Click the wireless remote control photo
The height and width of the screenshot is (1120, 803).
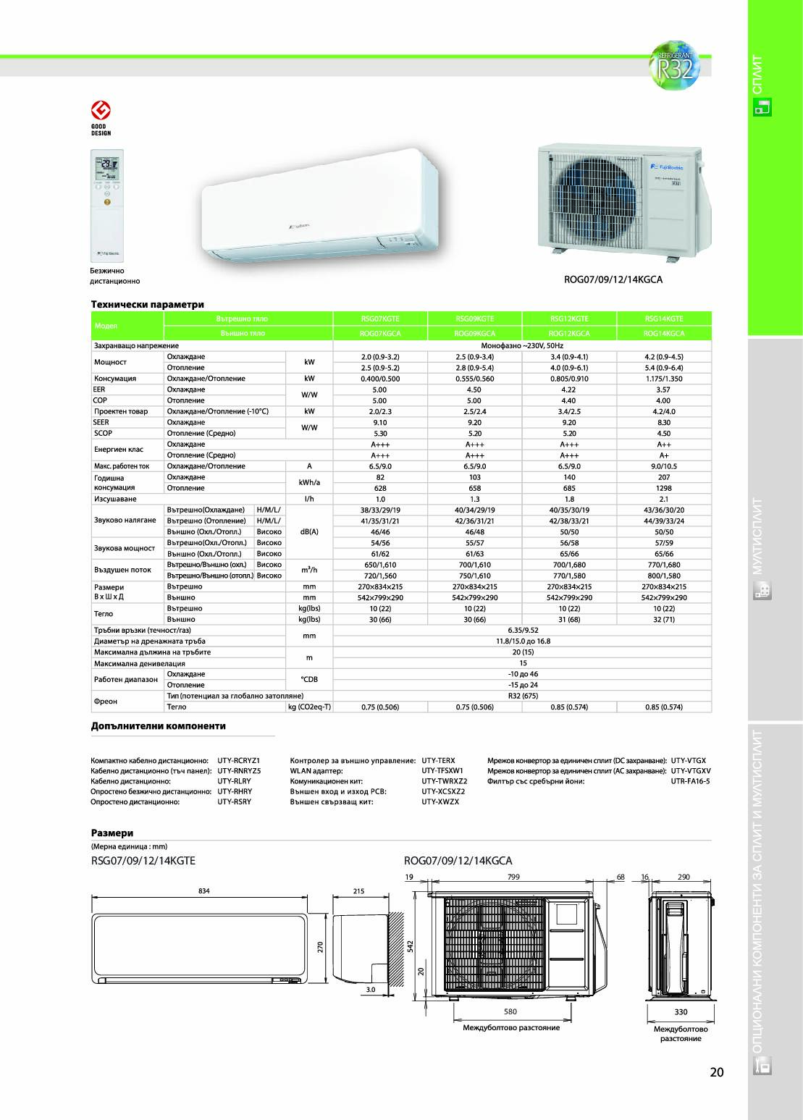click(107, 205)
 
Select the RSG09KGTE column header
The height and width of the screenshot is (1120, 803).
click(474, 319)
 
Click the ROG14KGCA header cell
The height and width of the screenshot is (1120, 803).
click(663, 334)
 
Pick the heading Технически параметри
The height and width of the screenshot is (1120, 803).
click(147, 304)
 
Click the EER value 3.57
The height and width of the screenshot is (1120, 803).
click(663, 390)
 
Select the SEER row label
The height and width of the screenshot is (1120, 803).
click(101, 422)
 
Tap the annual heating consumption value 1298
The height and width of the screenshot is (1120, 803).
click(663, 488)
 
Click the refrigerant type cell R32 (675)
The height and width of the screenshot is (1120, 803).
click(522, 696)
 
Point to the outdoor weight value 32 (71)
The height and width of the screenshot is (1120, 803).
click(663, 620)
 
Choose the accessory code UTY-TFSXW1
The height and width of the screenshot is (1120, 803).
click(442, 771)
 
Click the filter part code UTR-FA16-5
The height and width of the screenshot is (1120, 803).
click(690, 781)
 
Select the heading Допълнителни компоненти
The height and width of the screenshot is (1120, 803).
click(158, 725)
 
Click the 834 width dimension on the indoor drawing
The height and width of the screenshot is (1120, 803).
click(203, 891)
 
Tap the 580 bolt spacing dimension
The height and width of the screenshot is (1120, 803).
click(510, 1011)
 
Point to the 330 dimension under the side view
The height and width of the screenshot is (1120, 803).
click(681, 1012)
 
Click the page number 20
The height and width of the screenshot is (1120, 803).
click(716, 1072)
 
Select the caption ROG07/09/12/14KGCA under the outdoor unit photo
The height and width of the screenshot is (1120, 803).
click(613, 279)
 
